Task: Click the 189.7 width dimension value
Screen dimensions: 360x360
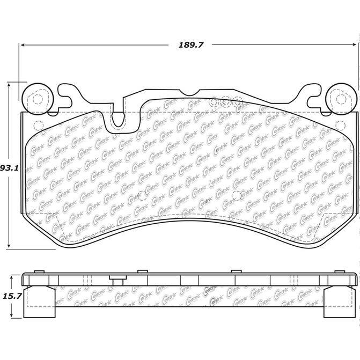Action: pyautogui.click(x=191, y=45)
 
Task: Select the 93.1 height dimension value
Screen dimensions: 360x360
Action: pyautogui.click(x=9, y=168)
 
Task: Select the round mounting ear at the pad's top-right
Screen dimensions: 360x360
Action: pyautogui.click(x=340, y=98)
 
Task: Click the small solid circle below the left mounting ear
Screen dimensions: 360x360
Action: pyautogui.click(x=37, y=126)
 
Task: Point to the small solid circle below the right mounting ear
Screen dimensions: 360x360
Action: pyautogui.click(x=340, y=126)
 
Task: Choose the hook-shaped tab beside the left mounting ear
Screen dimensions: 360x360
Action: pyautogui.click(x=67, y=95)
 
